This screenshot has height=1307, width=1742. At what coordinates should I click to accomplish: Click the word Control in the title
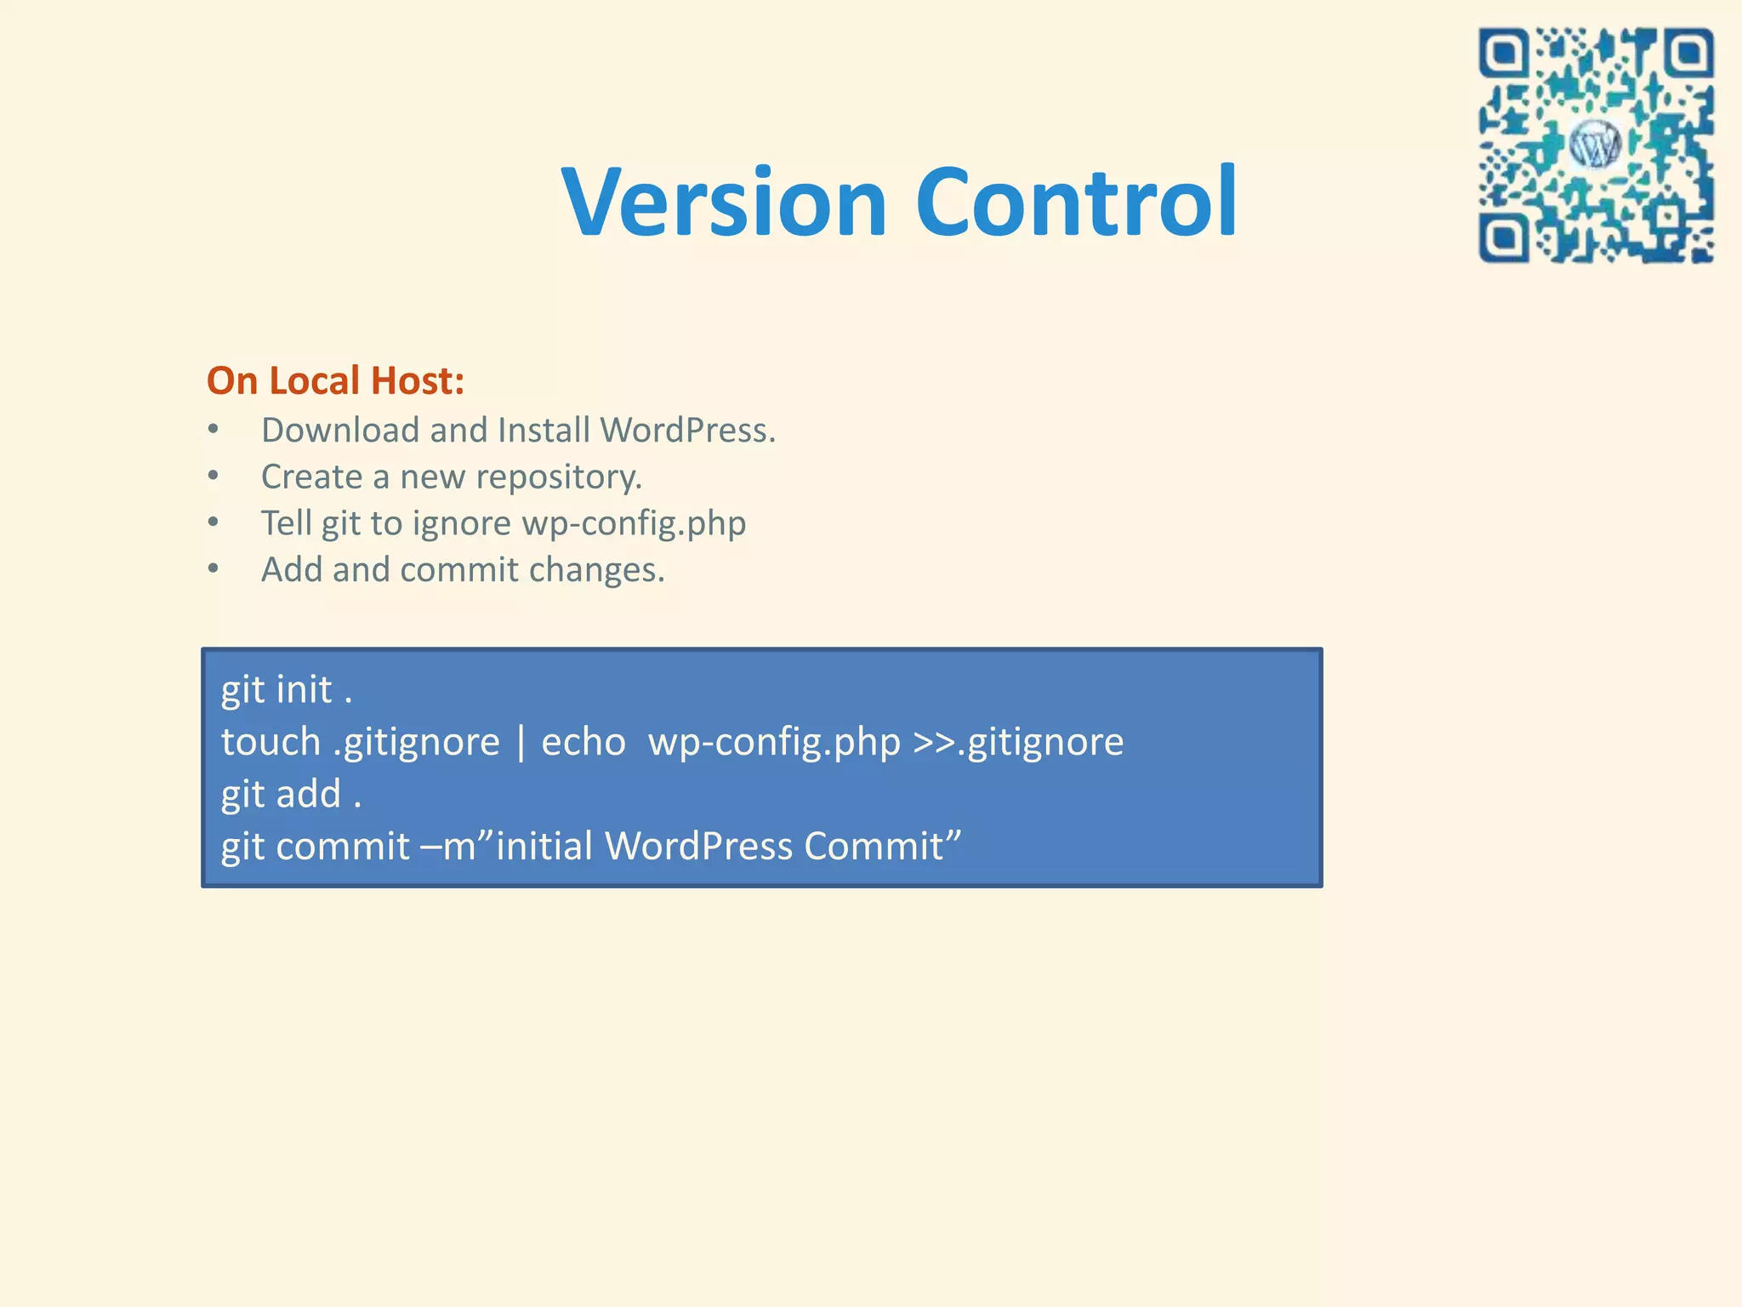pyautogui.click(x=1076, y=203)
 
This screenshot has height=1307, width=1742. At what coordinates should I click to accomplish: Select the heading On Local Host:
pyautogui.click(x=335, y=380)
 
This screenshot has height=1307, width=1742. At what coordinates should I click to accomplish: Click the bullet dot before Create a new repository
pyautogui.click(x=213, y=476)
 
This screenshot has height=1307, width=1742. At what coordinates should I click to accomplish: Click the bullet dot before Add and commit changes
pyautogui.click(x=213, y=568)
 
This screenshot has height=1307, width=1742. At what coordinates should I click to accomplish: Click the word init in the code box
pyautogui.click(x=304, y=690)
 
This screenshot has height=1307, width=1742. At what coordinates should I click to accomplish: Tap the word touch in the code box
pyautogui.click(x=270, y=742)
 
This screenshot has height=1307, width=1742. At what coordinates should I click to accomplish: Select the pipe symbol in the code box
pyautogui.click(x=521, y=742)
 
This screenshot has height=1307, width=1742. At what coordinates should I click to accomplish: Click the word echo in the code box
pyautogui.click(x=583, y=742)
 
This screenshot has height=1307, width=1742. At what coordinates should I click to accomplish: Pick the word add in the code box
pyautogui.click(x=308, y=794)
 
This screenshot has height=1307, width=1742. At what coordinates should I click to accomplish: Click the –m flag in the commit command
pyautogui.click(x=448, y=847)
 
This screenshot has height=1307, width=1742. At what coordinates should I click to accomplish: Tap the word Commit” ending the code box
pyautogui.click(x=882, y=847)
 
